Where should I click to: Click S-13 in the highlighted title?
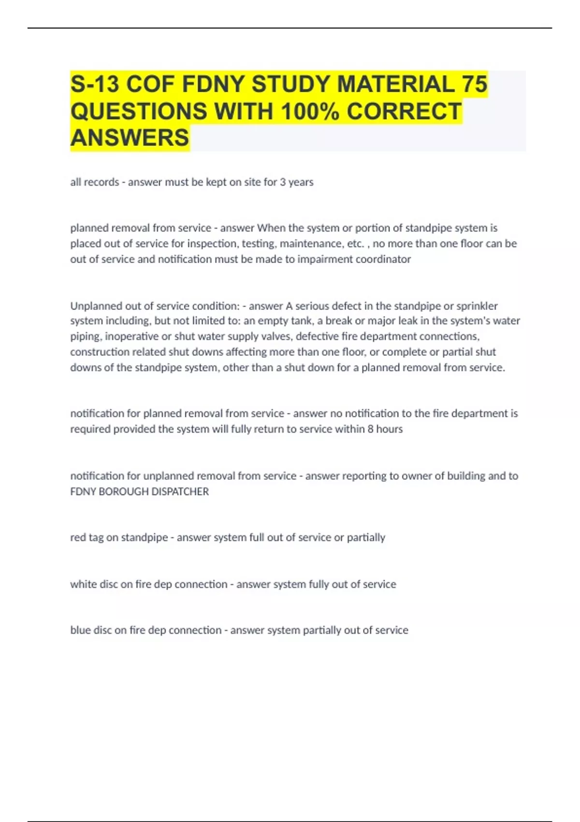(x=95, y=85)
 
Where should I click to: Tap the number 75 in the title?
(x=474, y=85)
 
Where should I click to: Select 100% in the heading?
(x=310, y=111)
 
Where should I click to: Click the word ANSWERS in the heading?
(x=130, y=138)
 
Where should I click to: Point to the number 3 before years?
(x=283, y=182)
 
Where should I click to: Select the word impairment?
(x=325, y=259)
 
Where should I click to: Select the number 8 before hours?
(x=370, y=429)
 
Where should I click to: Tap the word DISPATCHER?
(x=180, y=492)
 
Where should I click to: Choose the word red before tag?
(x=77, y=538)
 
